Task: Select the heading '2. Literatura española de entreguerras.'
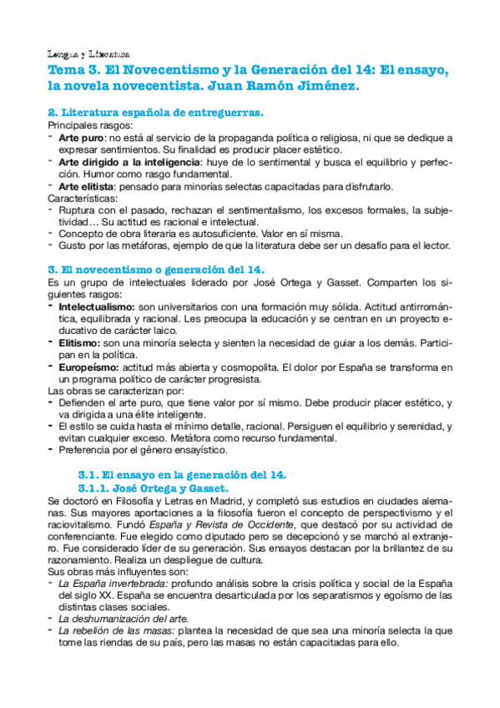coord(155,112)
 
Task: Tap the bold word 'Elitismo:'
coord(82,344)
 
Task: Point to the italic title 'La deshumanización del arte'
coord(123,619)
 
